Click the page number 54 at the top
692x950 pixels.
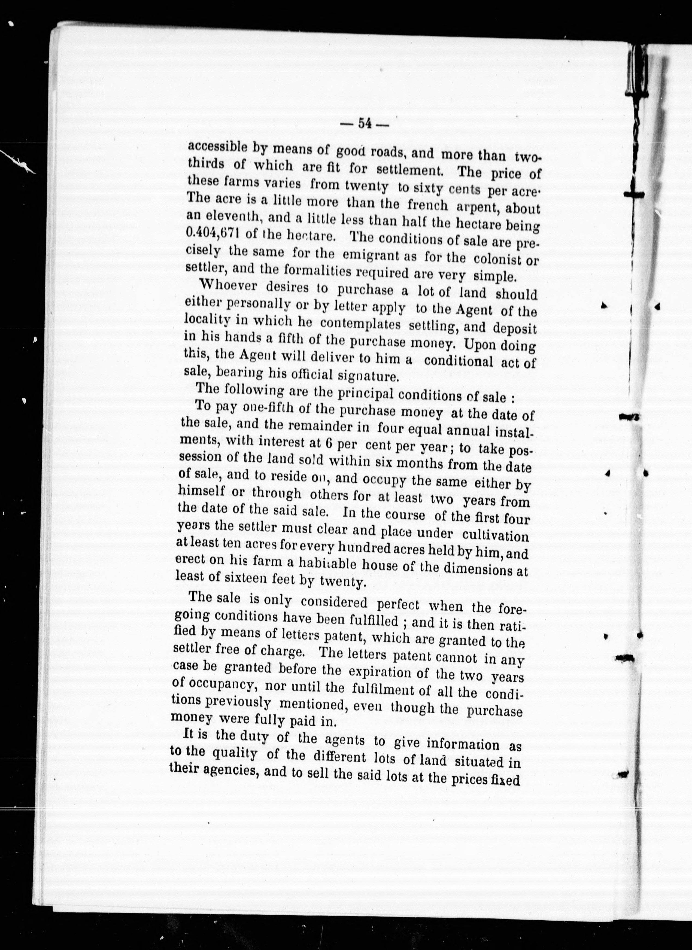click(365, 124)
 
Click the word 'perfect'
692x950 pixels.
click(398, 604)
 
